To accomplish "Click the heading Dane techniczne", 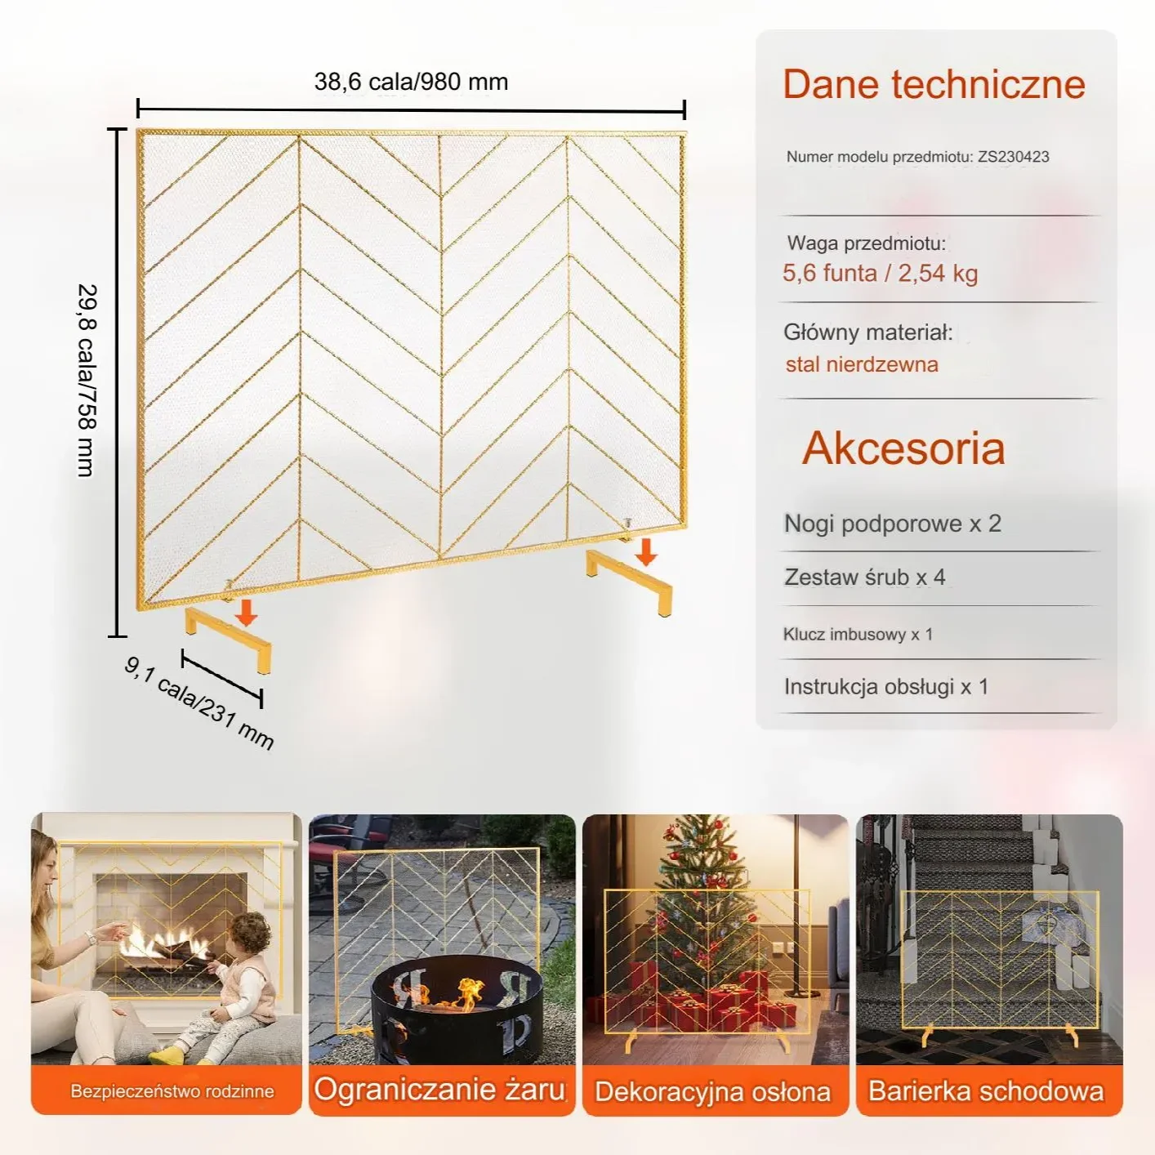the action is click(x=934, y=84).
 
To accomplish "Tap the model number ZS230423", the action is click(x=1014, y=157).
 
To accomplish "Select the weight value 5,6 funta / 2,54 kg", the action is click(x=880, y=274).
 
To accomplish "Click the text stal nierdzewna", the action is click(x=862, y=364).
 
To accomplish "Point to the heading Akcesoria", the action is click(x=903, y=448).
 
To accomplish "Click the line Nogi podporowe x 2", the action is click(x=893, y=524).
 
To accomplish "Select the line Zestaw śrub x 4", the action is click(x=865, y=577).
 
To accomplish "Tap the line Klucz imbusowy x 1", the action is click(x=858, y=634).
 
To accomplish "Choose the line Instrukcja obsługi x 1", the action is click(x=886, y=687).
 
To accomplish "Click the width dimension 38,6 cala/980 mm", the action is click(x=411, y=82).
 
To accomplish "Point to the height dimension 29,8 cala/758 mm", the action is click(x=87, y=381).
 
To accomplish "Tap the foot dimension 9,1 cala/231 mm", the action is click(x=199, y=703).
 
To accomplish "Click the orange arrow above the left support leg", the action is click(x=246, y=613).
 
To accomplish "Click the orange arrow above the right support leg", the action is click(x=645, y=552).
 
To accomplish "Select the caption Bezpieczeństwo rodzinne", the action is click(x=172, y=1090).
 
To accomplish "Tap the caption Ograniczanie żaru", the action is click(x=439, y=1089).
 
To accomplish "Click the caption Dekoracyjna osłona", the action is click(x=712, y=1091).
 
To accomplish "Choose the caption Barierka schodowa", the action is click(x=986, y=1090).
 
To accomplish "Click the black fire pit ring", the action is click(x=457, y=1010).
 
